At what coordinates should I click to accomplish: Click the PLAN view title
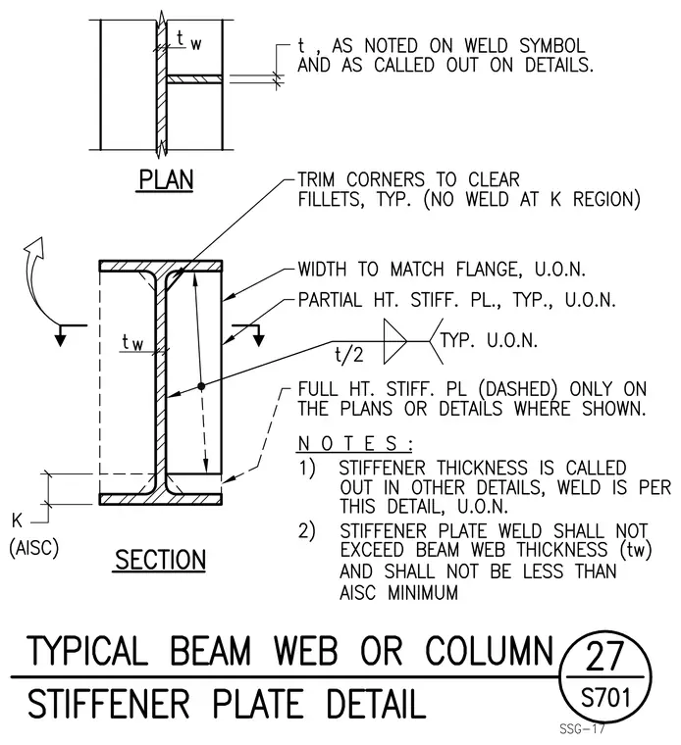tap(166, 180)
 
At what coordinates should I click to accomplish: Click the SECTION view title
tap(160, 560)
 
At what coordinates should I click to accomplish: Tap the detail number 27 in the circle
tap(604, 656)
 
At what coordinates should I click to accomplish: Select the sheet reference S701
tap(605, 698)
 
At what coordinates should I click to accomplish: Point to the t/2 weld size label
tap(349, 355)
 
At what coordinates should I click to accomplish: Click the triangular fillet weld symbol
tap(395, 341)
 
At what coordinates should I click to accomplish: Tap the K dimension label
tap(17, 521)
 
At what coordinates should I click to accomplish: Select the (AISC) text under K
tap(33, 548)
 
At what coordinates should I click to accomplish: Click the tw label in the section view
tap(132, 342)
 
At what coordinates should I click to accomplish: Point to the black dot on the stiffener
tap(201, 386)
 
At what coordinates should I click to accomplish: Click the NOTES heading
tap(355, 444)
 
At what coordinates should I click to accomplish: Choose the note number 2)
tap(307, 530)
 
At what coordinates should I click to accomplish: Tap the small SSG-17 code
tap(582, 729)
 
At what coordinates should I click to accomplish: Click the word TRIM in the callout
tap(316, 179)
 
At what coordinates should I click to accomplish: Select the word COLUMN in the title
tap(489, 651)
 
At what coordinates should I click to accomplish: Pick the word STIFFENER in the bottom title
tap(108, 704)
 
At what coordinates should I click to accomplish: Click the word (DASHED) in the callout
tap(517, 389)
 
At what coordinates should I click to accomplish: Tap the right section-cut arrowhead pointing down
tap(258, 340)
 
